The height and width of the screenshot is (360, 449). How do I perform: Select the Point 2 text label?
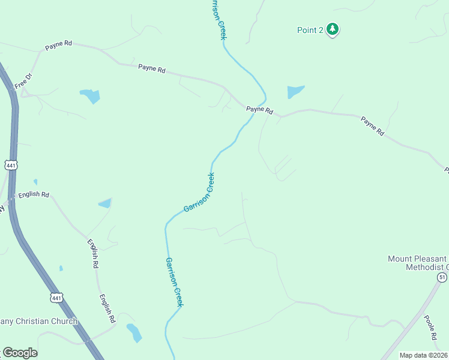[x=310, y=30]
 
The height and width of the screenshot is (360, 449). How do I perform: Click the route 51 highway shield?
[x=442, y=277]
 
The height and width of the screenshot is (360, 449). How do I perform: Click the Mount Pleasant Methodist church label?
[x=418, y=263]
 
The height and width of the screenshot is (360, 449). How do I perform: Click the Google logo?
[x=19, y=353]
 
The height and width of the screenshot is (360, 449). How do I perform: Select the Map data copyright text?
[x=424, y=355]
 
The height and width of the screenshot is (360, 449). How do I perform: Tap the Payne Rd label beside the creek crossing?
[x=259, y=110]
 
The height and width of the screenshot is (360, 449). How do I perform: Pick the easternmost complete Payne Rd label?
[x=372, y=127]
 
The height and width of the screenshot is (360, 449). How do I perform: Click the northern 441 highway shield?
[x=11, y=164]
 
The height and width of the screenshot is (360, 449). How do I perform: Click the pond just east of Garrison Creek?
[x=295, y=91]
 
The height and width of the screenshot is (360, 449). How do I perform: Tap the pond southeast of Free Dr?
[x=89, y=95]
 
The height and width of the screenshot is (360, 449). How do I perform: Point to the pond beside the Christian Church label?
[x=133, y=332]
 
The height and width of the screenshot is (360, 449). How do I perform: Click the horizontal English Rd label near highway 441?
[x=34, y=194]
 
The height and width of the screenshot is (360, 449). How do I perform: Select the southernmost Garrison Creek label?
[x=173, y=281]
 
